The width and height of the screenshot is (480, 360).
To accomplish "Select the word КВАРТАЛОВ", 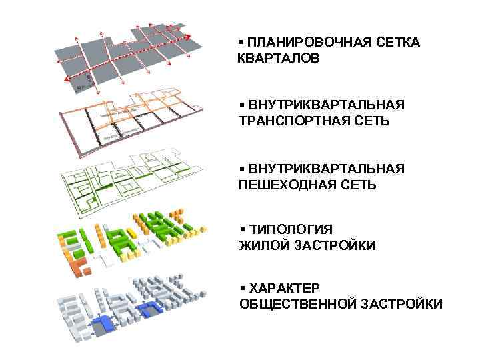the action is (x=279, y=59).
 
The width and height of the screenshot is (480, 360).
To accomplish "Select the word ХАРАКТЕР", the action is (x=284, y=288).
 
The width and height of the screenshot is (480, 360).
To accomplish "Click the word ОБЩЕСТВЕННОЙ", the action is (x=297, y=304).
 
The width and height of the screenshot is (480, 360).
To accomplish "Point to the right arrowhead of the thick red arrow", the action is (x=191, y=37).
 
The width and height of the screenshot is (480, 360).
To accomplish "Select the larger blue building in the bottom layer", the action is (x=103, y=323).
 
